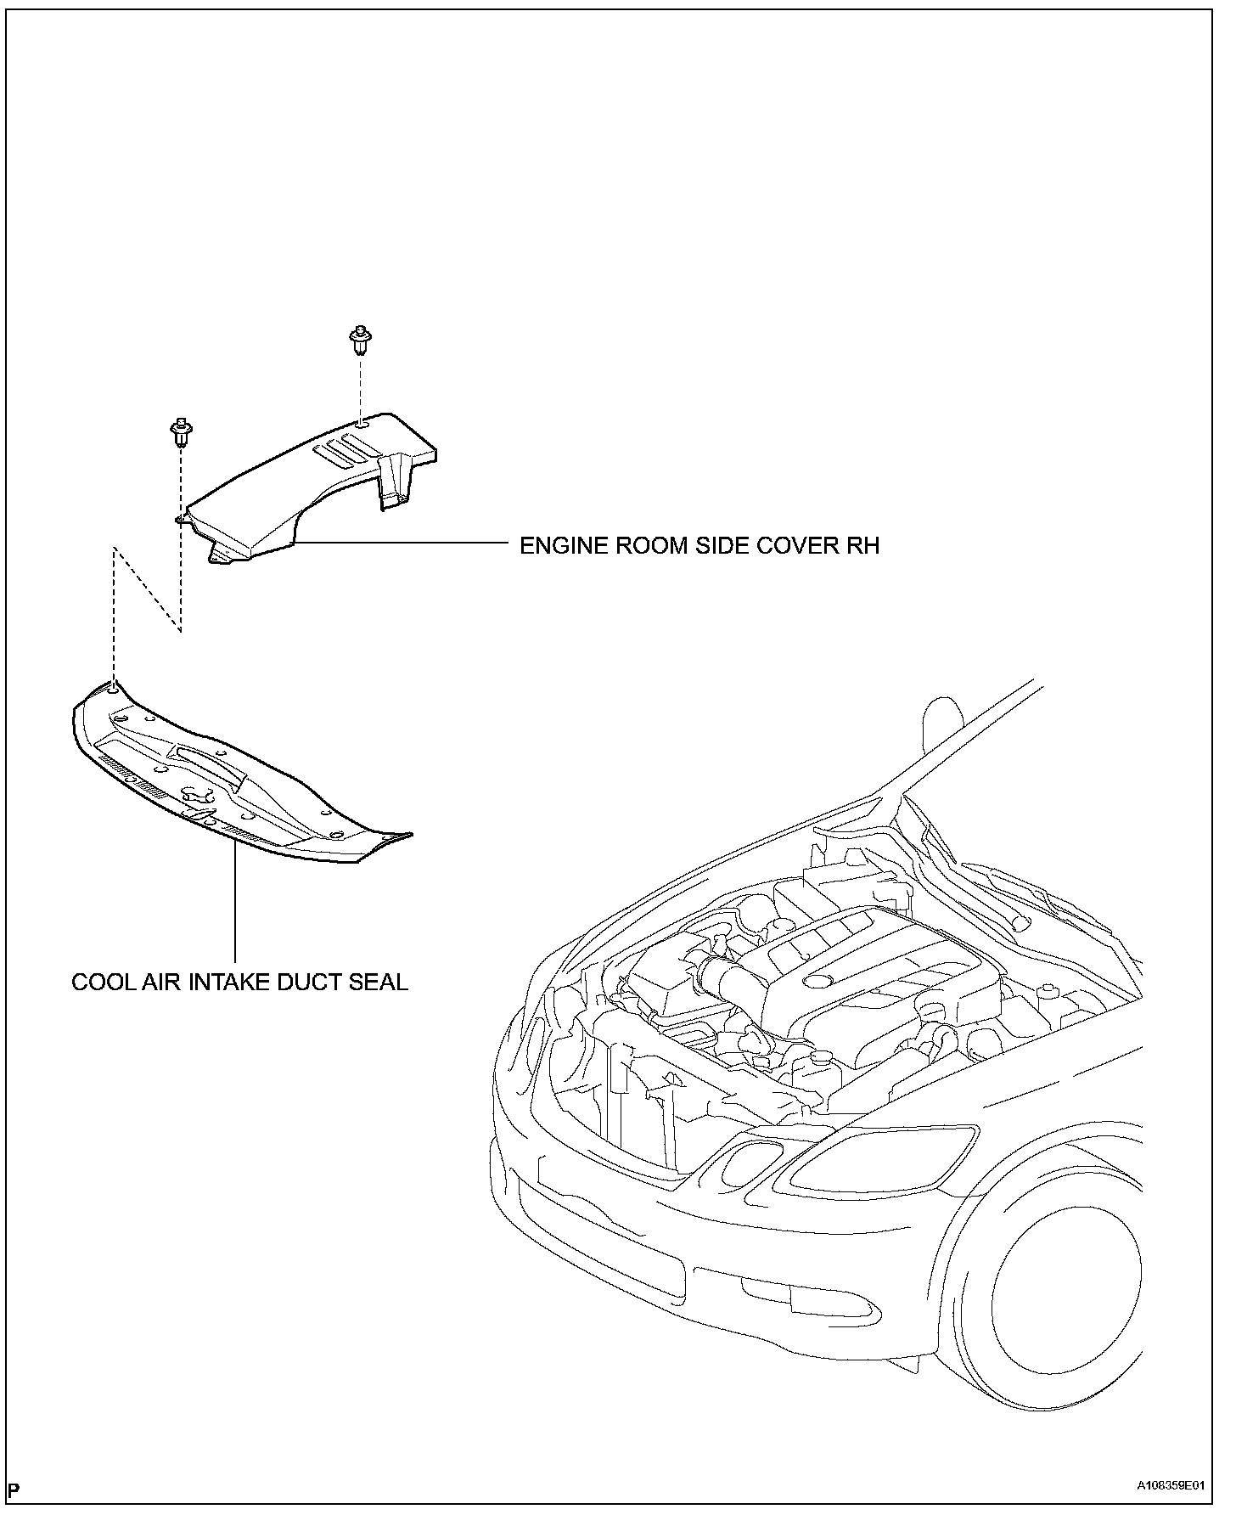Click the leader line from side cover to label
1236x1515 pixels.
(399, 541)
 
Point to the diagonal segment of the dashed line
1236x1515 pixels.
(146, 590)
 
